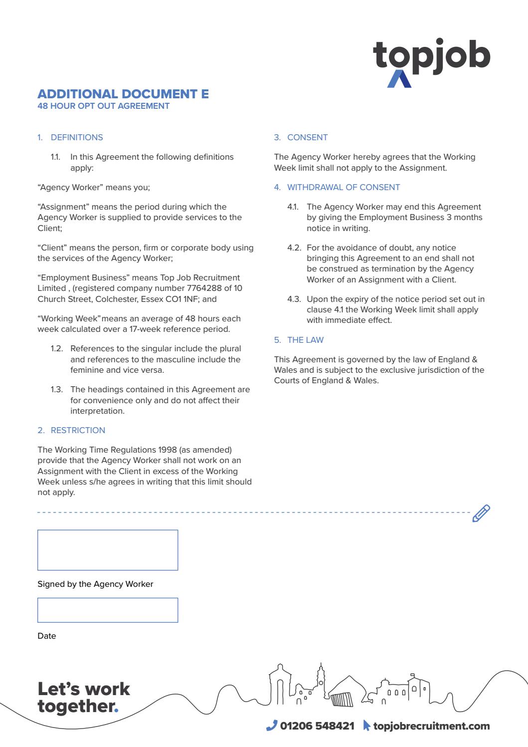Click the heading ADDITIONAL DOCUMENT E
pos(123,94)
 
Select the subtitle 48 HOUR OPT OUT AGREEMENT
pos(103,106)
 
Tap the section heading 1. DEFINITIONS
pos(70,137)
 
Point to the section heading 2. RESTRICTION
pos(71,430)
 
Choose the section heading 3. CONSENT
pos(301,137)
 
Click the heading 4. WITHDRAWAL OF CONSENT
pos(337,187)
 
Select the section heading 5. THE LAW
pos(299,340)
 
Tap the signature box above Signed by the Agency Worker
pos(108,550)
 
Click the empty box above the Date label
pos(108,610)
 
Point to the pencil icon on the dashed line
pos(481,513)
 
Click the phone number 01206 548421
pos(317,726)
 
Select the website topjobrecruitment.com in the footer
pos(431,726)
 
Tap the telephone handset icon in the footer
pos(271,726)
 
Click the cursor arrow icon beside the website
pos(366,726)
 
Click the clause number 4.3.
pos(294,299)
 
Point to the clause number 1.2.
pos(57,348)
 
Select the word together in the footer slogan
pos(75,706)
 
